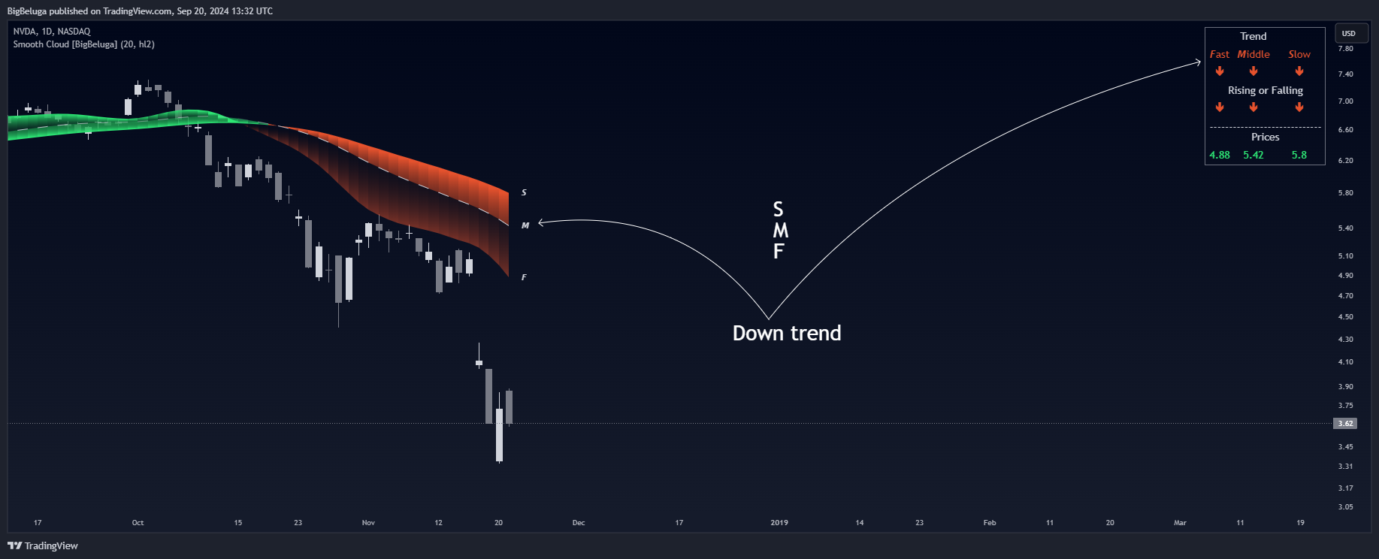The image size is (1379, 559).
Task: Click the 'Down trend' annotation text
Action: point(787,333)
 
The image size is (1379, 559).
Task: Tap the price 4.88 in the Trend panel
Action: point(1220,155)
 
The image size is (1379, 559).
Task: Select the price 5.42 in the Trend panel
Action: point(1253,155)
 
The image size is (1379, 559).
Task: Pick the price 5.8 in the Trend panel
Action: point(1299,155)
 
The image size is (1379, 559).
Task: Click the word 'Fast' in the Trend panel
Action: point(1220,54)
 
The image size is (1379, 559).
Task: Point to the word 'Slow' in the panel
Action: point(1299,54)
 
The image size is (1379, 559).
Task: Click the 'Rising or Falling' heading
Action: point(1266,90)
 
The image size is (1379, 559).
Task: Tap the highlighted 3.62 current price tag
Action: point(1345,424)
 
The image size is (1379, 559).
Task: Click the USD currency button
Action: point(1350,33)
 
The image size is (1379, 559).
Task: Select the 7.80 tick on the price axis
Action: point(1345,48)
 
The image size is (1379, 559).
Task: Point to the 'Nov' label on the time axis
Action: point(368,522)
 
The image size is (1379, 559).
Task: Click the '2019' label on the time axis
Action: point(779,522)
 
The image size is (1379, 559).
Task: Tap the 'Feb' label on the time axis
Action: point(990,522)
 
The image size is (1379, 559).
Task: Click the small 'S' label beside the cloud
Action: point(524,193)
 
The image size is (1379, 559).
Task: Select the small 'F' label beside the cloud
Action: point(524,277)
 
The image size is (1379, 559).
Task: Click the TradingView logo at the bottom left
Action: point(43,545)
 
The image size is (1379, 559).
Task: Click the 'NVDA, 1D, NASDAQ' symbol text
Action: point(52,32)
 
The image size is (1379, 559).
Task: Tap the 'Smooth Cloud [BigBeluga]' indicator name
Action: point(65,44)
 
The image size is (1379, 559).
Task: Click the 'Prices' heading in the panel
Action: point(1266,137)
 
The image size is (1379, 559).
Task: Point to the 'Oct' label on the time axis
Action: point(138,522)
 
